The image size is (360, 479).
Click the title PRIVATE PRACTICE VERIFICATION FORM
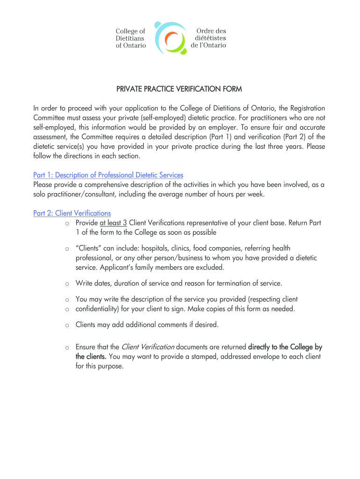[180, 89]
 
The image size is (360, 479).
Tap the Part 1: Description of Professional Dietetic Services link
[108, 175]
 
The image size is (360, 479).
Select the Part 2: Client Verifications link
[72, 213]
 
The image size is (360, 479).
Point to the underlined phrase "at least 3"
[113, 223]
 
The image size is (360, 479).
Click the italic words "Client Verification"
[148, 347]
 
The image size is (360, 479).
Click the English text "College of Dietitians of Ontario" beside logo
[131, 38]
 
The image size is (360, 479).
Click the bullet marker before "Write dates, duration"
[67, 284]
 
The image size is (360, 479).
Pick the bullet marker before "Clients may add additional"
[67, 325]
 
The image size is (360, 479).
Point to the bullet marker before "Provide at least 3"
[67, 223]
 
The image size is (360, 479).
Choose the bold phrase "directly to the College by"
[285, 347]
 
